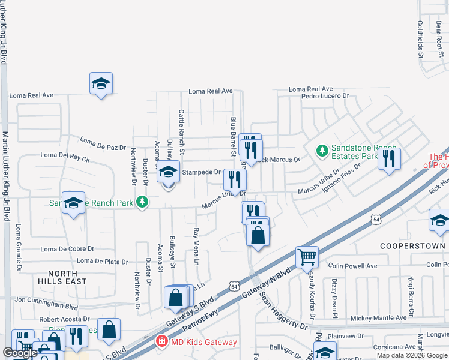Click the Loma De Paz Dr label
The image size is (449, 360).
[103, 144]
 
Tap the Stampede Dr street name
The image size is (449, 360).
[202, 172]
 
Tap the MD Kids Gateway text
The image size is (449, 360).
[204, 342]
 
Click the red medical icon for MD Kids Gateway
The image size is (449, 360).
[161, 342]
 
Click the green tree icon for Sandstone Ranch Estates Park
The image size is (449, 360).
[322, 149]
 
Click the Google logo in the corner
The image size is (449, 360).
[20, 353]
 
